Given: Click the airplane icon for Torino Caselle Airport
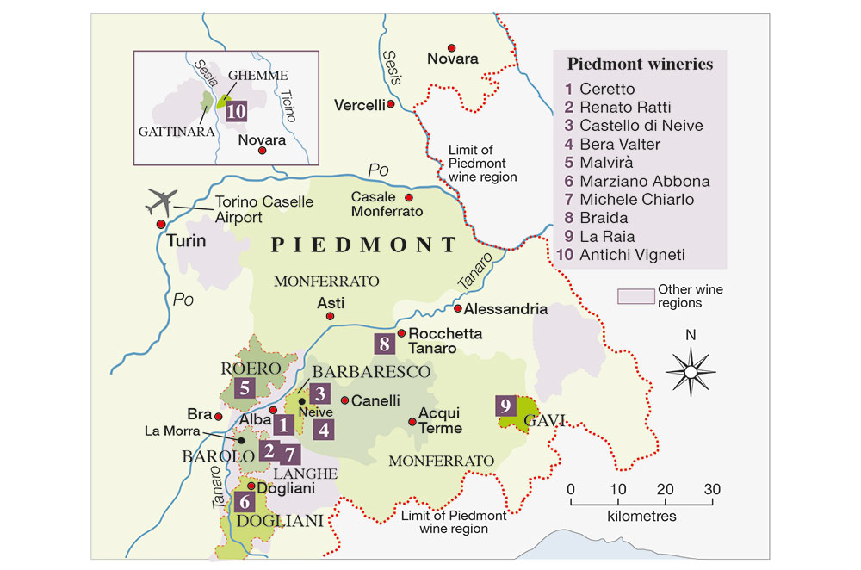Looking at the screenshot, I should click(159, 202).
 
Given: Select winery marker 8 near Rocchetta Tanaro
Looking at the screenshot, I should click(385, 344).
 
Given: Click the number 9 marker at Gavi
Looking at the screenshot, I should click(505, 405).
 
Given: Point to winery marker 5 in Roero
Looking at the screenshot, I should click(245, 387).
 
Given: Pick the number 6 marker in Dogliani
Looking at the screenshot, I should click(245, 501).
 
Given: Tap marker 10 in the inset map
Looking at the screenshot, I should click(236, 109).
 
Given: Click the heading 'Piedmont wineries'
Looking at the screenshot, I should click(640, 65).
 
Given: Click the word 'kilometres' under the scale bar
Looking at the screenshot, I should click(641, 517).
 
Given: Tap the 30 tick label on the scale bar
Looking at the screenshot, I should click(711, 489).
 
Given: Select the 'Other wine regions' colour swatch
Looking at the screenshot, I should click(633, 296).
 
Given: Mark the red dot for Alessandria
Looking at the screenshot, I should click(459, 308).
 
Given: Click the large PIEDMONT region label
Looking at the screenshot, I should click(364, 245).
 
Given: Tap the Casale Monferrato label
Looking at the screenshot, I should click(387, 204).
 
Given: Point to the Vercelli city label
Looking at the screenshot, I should click(360, 105).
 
